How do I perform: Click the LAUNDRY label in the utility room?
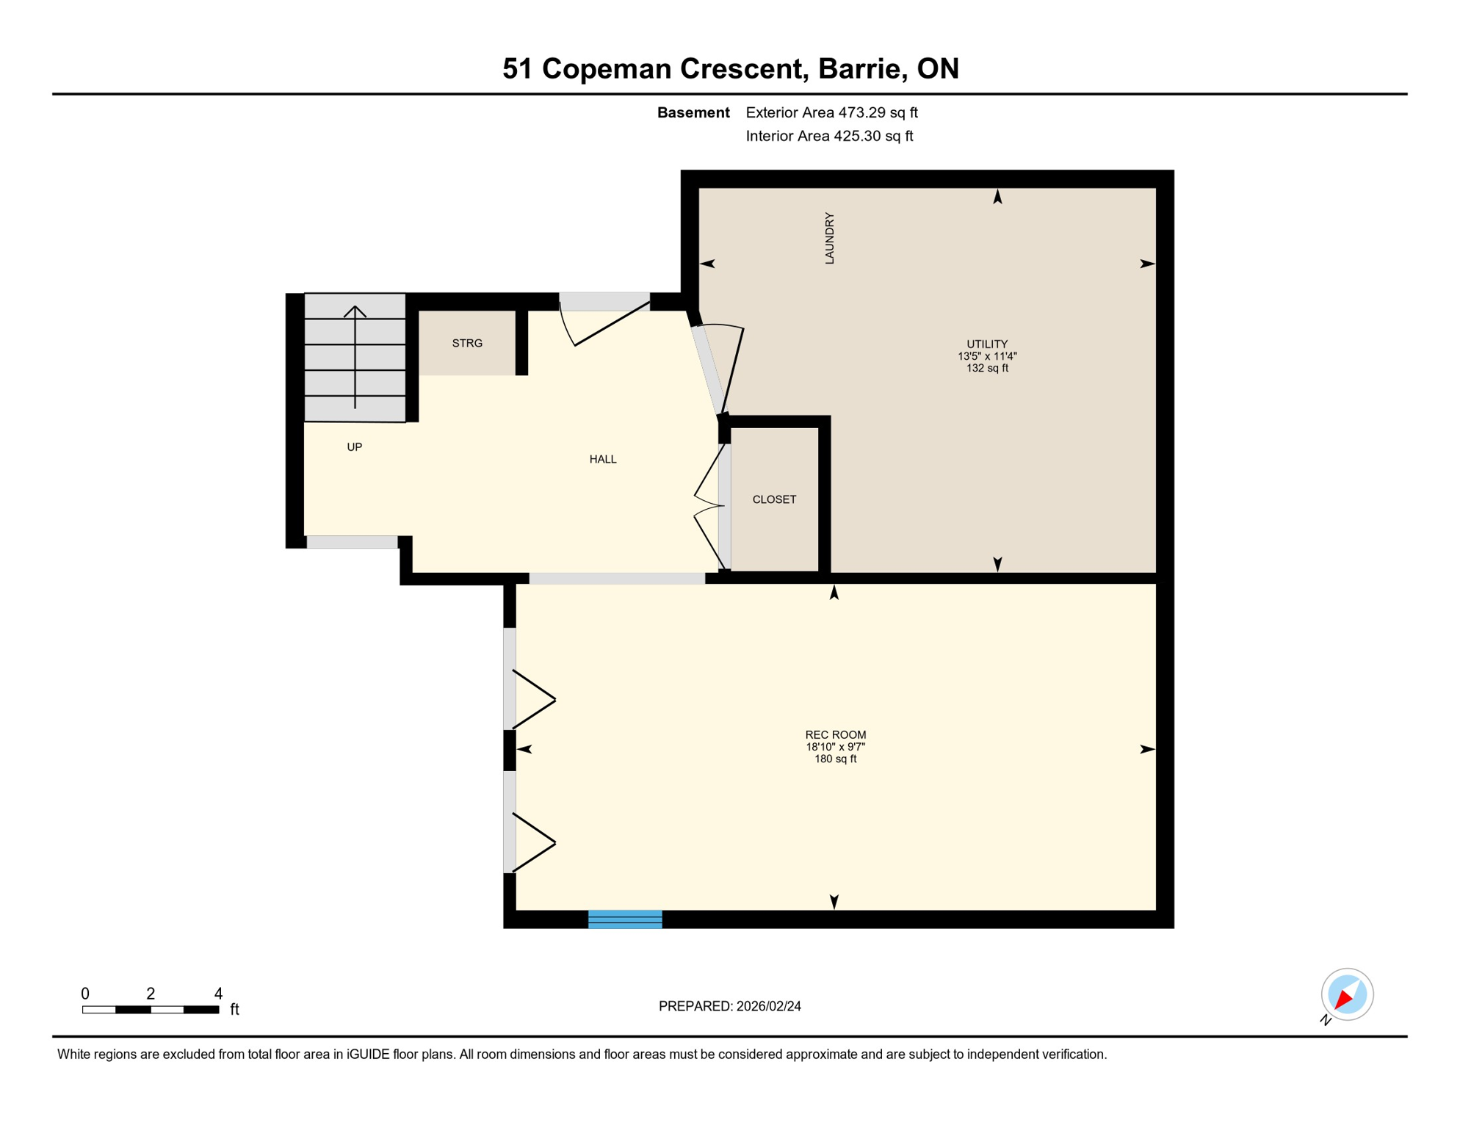(x=829, y=239)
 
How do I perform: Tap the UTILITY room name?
(x=986, y=344)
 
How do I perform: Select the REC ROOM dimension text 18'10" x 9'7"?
(x=835, y=747)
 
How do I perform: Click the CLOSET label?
(x=774, y=499)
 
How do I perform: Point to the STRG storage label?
(x=467, y=343)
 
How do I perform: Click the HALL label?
(x=602, y=459)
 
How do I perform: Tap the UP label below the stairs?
(x=354, y=446)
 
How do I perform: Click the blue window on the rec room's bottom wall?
(x=625, y=919)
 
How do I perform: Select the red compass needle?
(x=1344, y=998)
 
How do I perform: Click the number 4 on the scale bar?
(x=218, y=994)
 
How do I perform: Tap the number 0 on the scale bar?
(x=85, y=994)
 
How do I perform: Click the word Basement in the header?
(x=693, y=112)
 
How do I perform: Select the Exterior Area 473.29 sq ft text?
(x=831, y=112)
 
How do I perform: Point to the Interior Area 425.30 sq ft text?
(x=829, y=136)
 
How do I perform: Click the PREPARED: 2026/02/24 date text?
(x=729, y=1006)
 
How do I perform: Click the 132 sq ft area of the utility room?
(x=986, y=368)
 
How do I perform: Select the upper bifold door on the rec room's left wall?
(x=532, y=699)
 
